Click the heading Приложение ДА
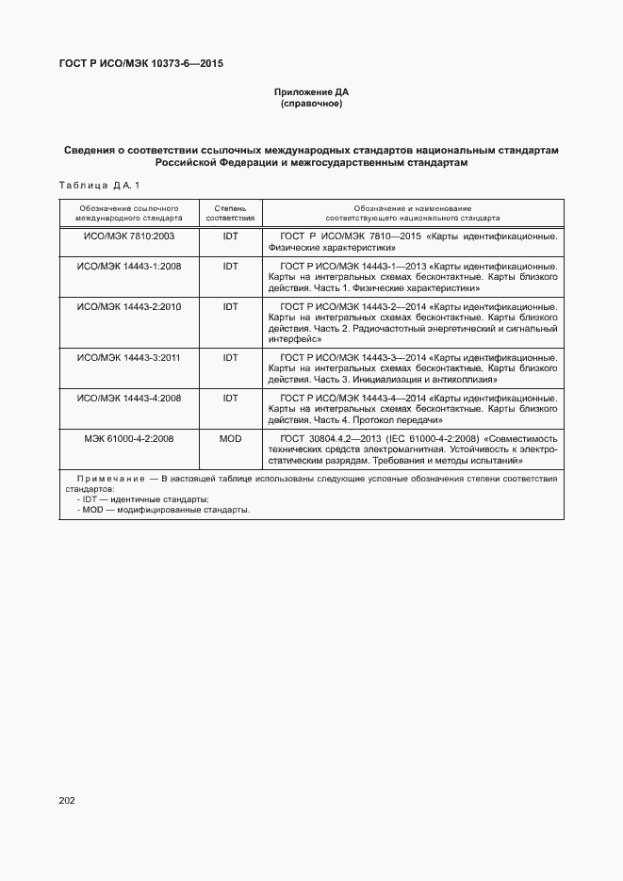click(311, 92)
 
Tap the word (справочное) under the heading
click(311, 104)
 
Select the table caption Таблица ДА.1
click(99, 185)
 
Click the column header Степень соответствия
click(230, 211)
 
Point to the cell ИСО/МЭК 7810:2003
click(129, 236)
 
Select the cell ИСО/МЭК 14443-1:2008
click(129, 268)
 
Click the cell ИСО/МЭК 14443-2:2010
click(129, 307)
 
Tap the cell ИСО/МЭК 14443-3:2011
click(129, 359)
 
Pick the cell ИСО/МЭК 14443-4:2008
click(129, 399)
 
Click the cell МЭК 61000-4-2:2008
click(129, 438)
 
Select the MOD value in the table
click(230, 438)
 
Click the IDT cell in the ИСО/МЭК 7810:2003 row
click(230, 236)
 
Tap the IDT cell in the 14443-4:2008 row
click(230, 399)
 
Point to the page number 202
click(66, 800)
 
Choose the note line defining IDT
click(143, 499)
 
